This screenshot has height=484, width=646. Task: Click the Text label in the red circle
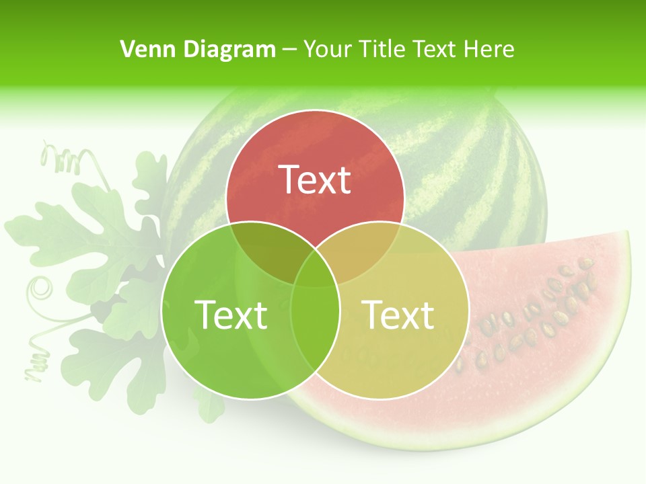pyautogui.click(x=315, y=179)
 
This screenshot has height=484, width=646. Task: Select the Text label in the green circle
pyautogui.click(x=230, y=315)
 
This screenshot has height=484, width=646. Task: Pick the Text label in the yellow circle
pyautogui.click(x=398, y=315)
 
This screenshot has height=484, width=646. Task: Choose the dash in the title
pyautogui.click(x=289, y=50)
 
